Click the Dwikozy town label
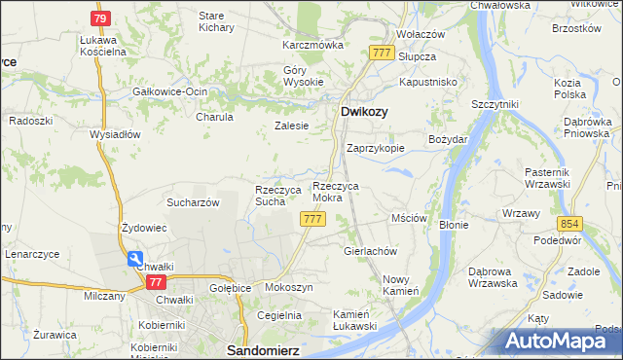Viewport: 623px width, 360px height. pyautogui.click(x=365, y=112)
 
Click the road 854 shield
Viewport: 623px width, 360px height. pyautogui.click(x=570, y=223)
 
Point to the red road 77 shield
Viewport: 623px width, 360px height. pyautogui.click(x=155, y=282)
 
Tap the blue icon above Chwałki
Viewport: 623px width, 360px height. pyautogui.click(x=133, y=259)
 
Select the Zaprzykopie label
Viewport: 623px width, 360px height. pyautogui.click(x=376, y=149)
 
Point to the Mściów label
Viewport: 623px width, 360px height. pyautogui.click(x=409, y=218)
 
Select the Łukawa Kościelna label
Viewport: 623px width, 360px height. pyautogui.click(x=104, y=45)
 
